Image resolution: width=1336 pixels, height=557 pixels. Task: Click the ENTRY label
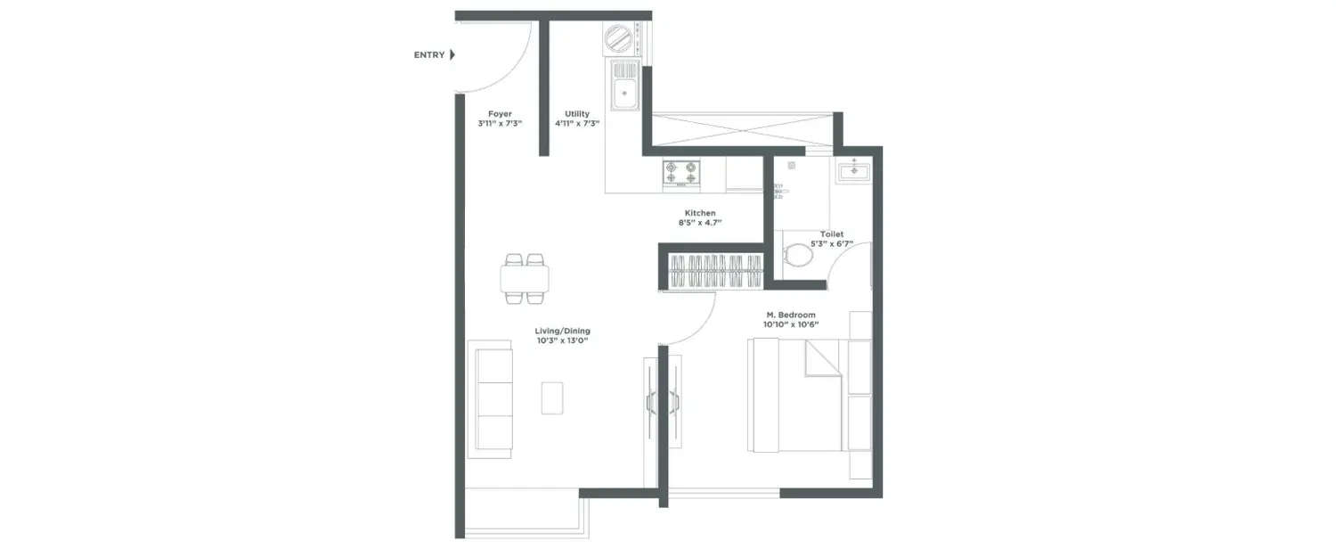[x=428, y=55]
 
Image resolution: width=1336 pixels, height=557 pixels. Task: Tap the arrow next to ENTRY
[x=452, y=55]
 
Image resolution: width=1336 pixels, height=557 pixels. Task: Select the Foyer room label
[x=500, y=114]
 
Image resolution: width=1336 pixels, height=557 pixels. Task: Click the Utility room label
[x=577, y=114]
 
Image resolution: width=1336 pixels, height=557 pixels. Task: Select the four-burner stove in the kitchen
[x=680, y=173]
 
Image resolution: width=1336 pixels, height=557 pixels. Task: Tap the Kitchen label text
[x=700, y=213]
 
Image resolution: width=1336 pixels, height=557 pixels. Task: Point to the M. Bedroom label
[x=791, y=315]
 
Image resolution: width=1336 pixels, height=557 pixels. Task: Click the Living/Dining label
[x=563, y=331]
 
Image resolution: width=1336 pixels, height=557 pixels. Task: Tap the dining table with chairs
[x=524, y=279]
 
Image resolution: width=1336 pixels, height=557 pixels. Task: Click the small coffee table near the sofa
[x=552, y=397]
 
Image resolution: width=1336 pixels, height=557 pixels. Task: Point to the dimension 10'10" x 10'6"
[x=791, y=325]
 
